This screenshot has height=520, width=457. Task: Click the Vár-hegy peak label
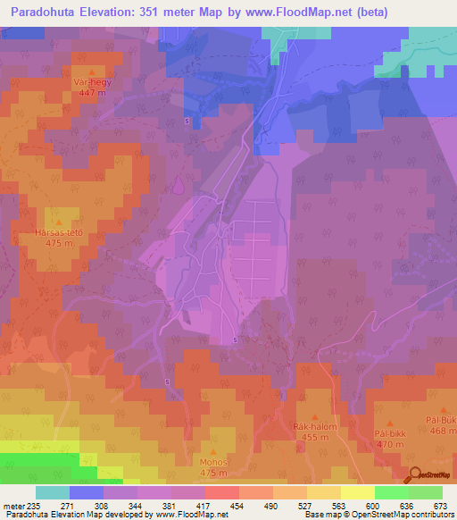(92, 80)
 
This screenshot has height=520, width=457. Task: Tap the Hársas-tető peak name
(59, 231)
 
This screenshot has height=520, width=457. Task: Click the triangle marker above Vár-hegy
(92, 70)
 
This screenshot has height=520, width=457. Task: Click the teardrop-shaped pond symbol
(179, 186)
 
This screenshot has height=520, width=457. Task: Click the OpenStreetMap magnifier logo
(414, 475)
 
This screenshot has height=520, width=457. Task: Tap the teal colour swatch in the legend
(53, 492)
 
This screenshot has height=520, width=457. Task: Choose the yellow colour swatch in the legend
(358, 492)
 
